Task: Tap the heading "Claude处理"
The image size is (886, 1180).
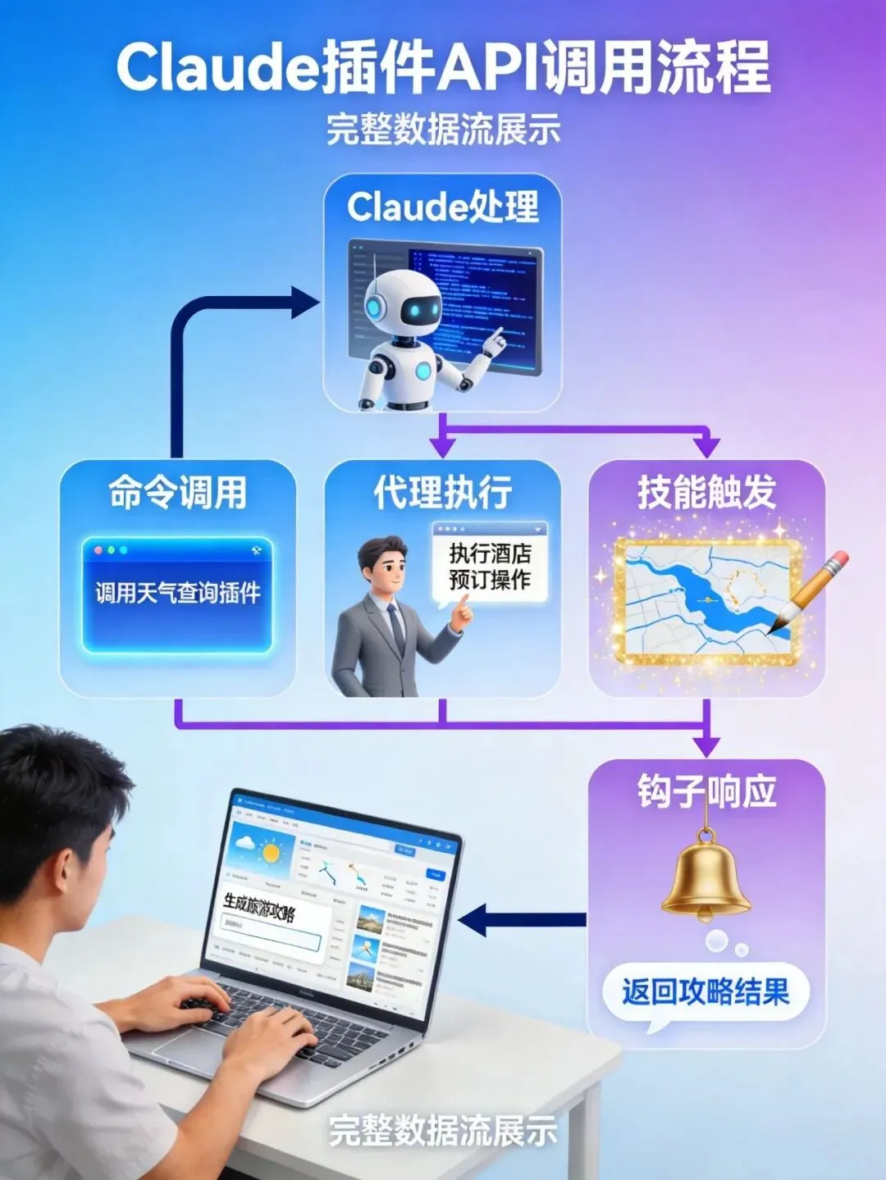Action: pos(443,207)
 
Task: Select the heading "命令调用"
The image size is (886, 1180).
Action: pos(177,493)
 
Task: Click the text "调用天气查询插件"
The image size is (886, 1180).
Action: pos(177,593)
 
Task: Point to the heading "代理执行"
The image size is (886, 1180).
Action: pos(443,493)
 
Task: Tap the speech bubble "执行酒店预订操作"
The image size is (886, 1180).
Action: pos(490,567)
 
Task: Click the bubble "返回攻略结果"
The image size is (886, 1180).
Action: pos(706,992)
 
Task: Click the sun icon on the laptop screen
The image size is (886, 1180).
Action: pos(268,854)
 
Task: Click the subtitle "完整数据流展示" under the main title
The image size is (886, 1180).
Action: pos(443,130)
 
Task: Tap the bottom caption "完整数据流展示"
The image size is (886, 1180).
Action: pos(443,1131)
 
